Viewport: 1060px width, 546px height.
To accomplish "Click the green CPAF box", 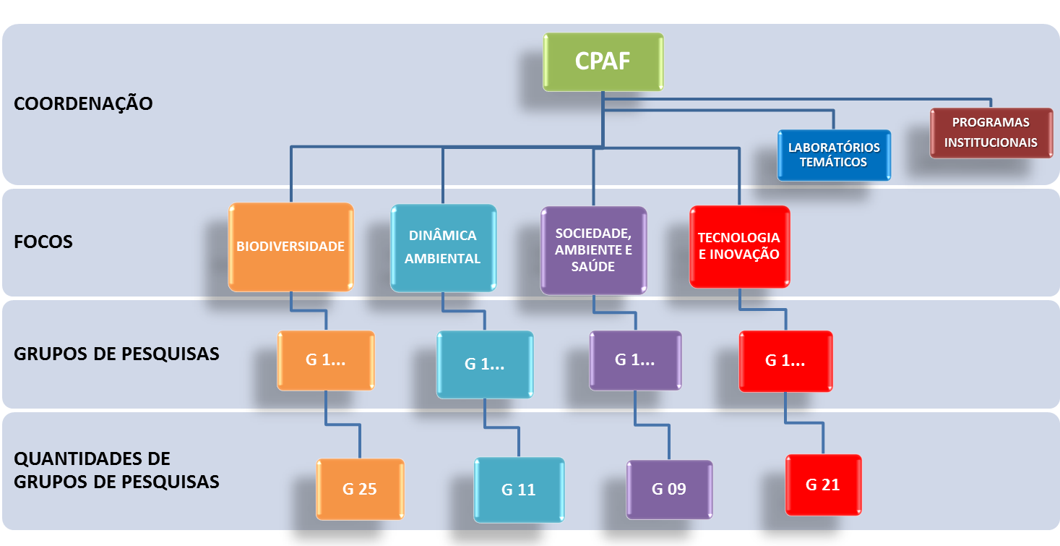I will tap(603, 61).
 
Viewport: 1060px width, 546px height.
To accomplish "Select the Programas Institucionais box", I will tap(991, 132).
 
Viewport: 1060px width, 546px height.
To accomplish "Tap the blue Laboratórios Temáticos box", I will tap(834, 155).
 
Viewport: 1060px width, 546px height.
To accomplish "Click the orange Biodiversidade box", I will tap(290, 247).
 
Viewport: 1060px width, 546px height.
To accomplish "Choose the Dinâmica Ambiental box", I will tap(443, 247).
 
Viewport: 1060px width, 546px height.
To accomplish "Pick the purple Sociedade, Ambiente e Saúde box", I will tap(593, 250).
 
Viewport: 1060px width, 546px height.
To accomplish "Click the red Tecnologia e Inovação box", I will tap(739, 247).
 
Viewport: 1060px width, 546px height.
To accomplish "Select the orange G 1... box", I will tap(326, 360).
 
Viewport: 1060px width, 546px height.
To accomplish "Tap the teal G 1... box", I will tap(484, 364).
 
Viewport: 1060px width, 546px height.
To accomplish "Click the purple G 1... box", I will tap(635, 360).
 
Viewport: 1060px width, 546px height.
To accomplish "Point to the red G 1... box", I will tap(785, 361).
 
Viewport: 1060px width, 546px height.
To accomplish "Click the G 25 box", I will tap(360, 489).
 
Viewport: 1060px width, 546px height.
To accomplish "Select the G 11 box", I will tap(518, 490).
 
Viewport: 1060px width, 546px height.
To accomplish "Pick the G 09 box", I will tap(668, 489).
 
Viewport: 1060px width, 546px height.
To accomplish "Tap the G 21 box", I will tap(823, 485).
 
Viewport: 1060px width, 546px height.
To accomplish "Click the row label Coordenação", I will tap(83, 103).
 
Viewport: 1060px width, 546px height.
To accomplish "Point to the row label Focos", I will tap(43, 242).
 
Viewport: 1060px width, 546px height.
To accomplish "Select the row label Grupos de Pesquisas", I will tap(116, 354).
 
